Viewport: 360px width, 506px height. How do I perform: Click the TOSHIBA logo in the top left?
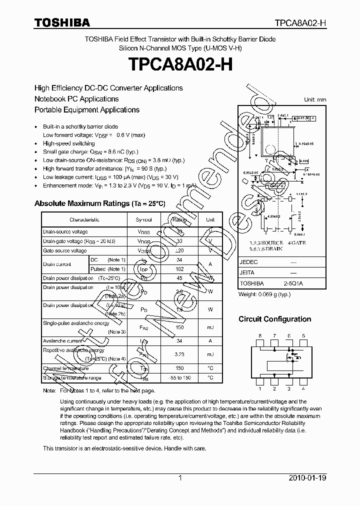62,22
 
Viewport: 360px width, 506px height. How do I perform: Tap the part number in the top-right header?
301,23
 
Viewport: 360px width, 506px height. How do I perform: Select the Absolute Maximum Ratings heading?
99,203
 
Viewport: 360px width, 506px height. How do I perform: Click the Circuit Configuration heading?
274,319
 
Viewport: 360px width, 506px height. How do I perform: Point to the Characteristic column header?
84,219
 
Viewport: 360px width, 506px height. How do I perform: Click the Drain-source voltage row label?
65,232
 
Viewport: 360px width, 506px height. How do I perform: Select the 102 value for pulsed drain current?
179,269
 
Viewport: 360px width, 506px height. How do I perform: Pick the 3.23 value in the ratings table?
179,353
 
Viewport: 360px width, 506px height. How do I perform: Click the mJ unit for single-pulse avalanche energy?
210,327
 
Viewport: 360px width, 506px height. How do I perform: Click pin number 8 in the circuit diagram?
259,336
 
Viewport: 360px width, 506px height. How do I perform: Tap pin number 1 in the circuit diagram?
259,388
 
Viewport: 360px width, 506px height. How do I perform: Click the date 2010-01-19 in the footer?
308,478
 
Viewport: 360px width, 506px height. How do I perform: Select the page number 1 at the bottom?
180,478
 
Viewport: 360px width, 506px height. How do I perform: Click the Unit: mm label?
315,100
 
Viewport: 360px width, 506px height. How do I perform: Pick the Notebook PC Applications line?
76,99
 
